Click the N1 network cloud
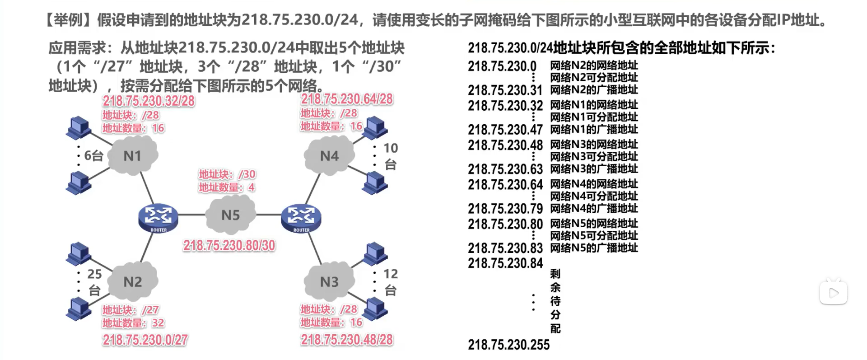click(x=133, y=156)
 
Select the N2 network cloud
click(x=133, y=282)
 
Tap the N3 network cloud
click(x=329, y=282)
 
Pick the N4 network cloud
click(x=329, y=156)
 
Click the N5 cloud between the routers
click(x=230, y=215)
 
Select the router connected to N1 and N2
click(x=158, y=217)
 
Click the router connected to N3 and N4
click(x=301, y=217)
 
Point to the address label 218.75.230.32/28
click(x=149, y=101)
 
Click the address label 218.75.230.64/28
click(x=347, y=99)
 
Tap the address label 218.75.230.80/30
click(x=229, y=245)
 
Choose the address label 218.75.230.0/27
click(x=145, y=340)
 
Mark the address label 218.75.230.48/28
click(x=347, y=340)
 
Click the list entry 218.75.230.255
click(x=508, y=345)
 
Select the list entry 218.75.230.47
click(x=505, y=130)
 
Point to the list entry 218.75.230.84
click(x=505, y=263)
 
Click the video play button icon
click(x=833, y=293)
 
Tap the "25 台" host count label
click(x=94, y=282)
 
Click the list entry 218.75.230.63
click(x=505, y=169)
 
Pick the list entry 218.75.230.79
click(x=505, y=209)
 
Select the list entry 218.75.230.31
click(x=505, y=90)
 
